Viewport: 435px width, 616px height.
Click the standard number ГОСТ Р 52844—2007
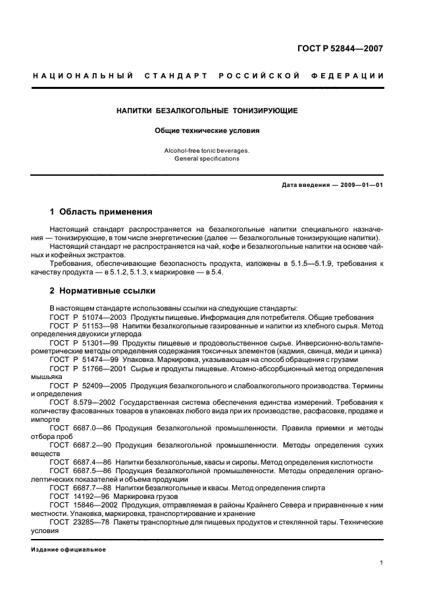coord(340,48)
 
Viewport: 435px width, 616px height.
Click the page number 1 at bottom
coord(382,563)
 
